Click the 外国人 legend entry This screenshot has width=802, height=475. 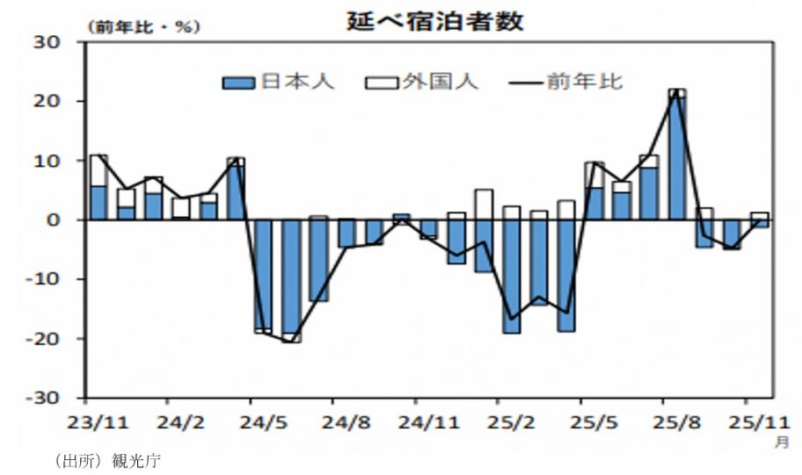(x=421, y=83)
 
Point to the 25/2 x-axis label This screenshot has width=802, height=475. (x=511, y=422)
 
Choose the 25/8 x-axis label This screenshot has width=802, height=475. (x=675, y=422)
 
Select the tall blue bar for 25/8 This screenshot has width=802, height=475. (x=676, y=158)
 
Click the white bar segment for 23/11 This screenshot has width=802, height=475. (x=98, y=171)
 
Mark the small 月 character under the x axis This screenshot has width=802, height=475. (x=781, y=443)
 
